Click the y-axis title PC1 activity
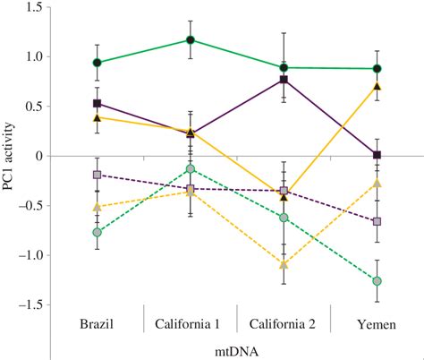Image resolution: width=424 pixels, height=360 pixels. [12, 156]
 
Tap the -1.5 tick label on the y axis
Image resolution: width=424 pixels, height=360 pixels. [31, 304]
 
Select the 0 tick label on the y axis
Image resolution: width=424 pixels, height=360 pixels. [39, 156]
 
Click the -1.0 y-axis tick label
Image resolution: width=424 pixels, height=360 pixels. [31, 255]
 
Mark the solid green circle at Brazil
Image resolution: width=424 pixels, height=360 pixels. [97, 63]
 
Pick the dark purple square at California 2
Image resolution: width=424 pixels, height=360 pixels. [284, 80]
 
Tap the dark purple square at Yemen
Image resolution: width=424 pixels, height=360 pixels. [377, 155]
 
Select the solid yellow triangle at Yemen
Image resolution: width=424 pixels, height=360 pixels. [377, 87]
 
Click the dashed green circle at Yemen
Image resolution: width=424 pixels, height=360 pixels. [377, 281]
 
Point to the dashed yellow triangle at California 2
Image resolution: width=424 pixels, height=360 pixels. [284, 265]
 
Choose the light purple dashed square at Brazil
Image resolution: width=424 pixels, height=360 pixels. [97, 175]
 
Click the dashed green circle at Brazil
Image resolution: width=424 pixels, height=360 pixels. [97, 232]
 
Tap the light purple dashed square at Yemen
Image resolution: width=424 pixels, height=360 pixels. [377, 221]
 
